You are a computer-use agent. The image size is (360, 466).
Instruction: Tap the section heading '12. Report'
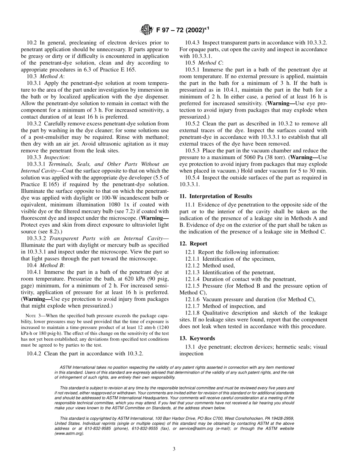point(193,244)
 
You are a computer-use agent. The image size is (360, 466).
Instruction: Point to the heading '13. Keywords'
point(197,338)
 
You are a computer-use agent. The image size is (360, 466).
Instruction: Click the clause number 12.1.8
point(193,313)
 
